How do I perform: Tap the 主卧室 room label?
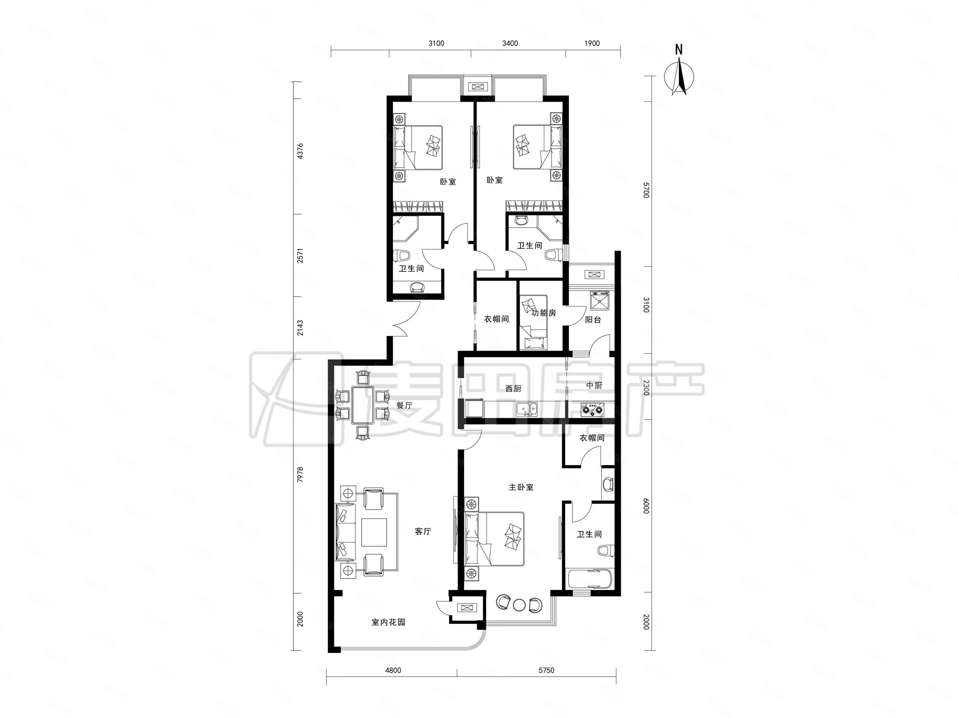(521, 487)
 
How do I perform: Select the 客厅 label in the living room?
(423, 531)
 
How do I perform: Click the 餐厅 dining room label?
(404, 405)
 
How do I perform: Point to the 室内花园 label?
(388, 622)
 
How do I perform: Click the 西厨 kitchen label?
(513, 388)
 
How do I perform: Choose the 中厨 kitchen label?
(594, 385)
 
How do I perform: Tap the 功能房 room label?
(544, 312)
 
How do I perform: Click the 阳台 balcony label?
(593, 320)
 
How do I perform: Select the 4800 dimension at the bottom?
(393, 670)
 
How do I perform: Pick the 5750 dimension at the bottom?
(546, 670)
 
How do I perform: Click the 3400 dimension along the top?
(510, 43)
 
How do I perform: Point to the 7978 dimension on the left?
(300, 475)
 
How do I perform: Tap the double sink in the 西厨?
(526, 408)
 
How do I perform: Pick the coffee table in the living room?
(374, 532)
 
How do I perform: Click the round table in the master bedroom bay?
(519, 605)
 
